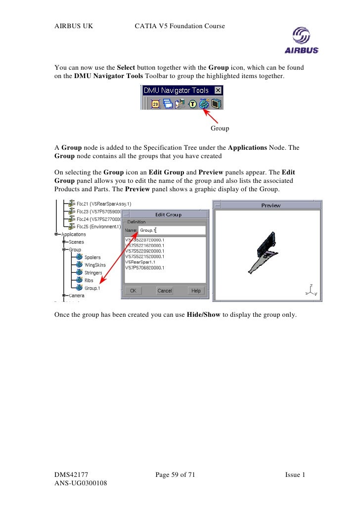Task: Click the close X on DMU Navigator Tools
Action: click(218, 90)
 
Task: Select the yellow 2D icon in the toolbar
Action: click(155, 104)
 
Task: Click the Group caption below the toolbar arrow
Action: click(220, 128)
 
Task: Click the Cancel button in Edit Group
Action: click(164, 291)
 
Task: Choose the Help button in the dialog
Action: click(196, 291)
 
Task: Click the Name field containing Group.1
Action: click(172, 230)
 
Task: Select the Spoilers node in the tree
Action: click(92, 257)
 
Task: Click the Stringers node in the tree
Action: click(93, 273)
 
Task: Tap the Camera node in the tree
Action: click(76, 296)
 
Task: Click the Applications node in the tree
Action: click(73, 235)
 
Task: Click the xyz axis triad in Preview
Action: click(311, 291)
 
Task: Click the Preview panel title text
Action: click(270, 205)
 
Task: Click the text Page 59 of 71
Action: click(175, 475)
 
